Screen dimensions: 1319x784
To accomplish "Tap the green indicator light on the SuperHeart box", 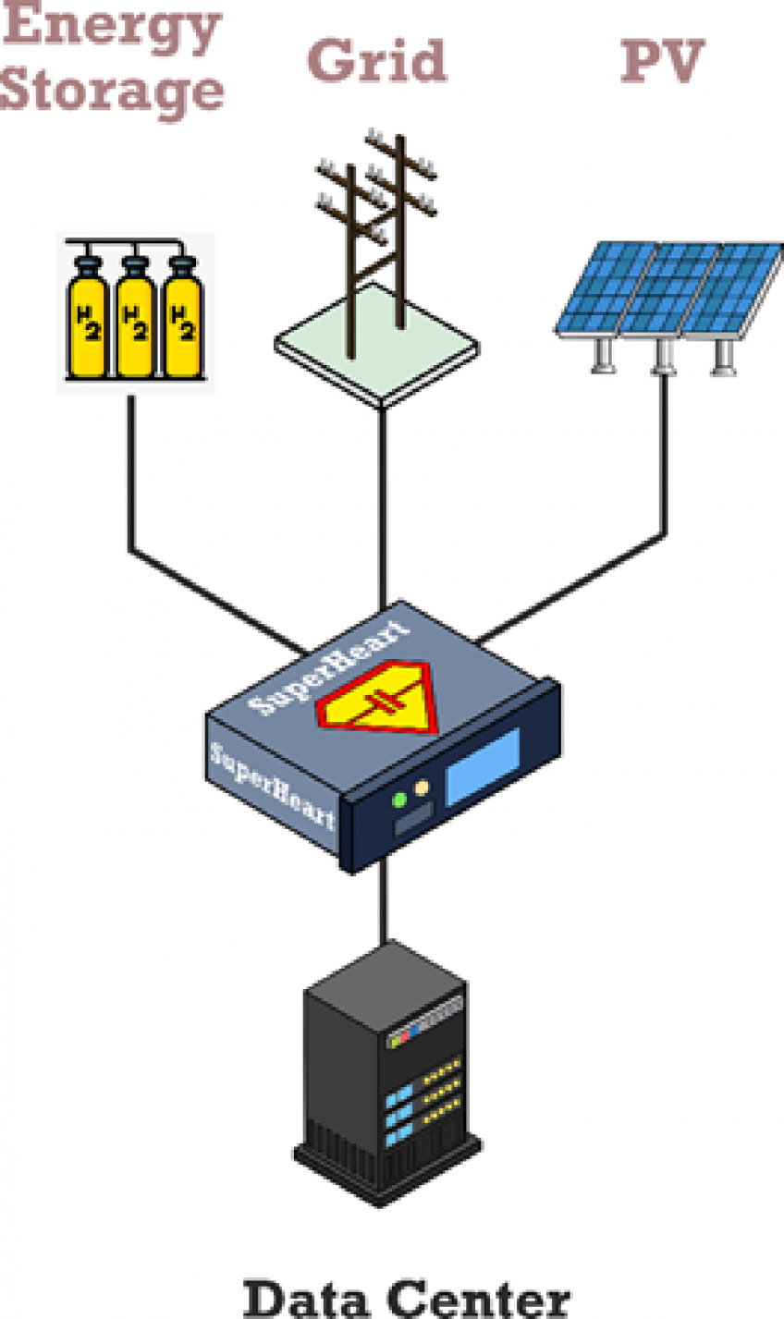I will click(399, 800).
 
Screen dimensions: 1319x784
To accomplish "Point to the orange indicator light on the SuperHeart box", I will click(423, 788).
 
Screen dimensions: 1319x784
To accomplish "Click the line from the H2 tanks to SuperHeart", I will click(130, 481).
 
